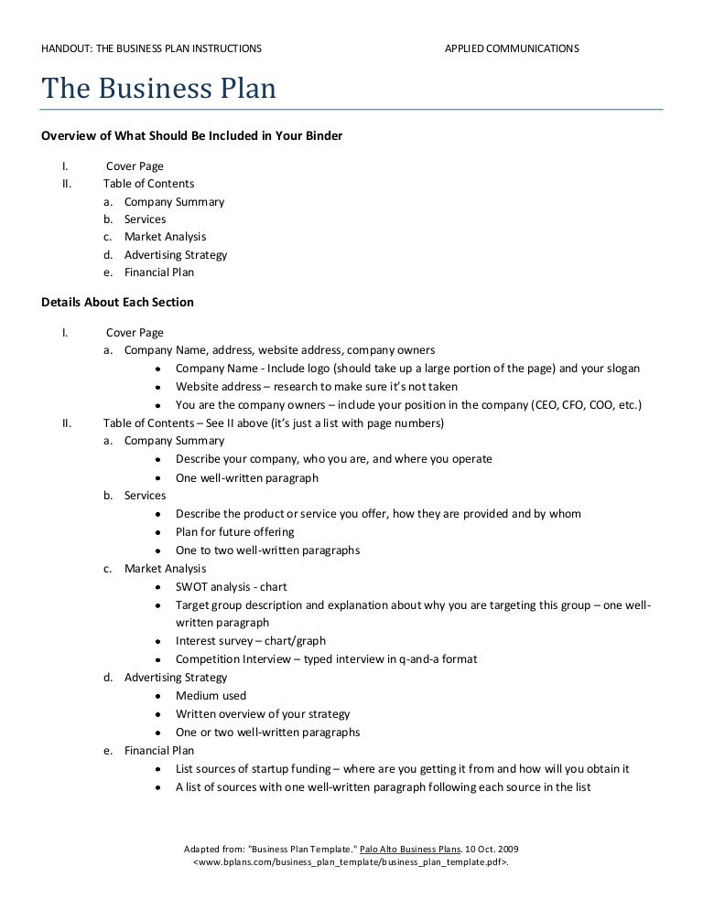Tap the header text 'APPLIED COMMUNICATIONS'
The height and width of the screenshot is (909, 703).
tap(511, 48)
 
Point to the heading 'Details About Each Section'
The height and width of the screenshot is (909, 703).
tap(118, 302)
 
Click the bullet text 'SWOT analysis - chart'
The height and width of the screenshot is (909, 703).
tap(231, 587)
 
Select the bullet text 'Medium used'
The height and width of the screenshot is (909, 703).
tap(211, 696)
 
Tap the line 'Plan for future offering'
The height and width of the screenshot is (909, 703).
tap(234, 532)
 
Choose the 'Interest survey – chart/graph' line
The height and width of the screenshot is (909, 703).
tap(250, 641)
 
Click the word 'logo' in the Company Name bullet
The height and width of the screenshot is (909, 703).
tap(317, 369)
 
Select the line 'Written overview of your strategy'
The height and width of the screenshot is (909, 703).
tap(263, 714)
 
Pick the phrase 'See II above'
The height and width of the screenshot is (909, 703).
tap(229, 423)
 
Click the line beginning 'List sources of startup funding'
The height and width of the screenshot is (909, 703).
tap(402, 769)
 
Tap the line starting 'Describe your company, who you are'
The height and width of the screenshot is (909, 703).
tap(333, 459)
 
